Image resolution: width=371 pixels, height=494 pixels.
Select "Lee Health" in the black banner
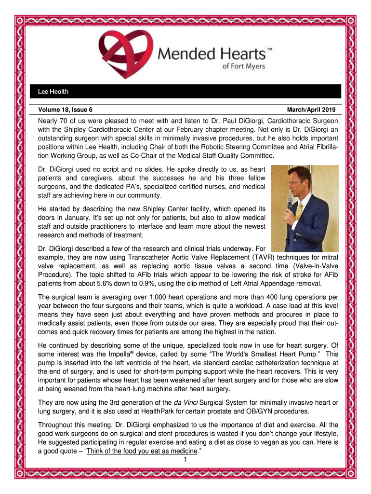(x=53, y=91)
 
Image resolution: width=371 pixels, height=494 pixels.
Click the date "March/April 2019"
(x=312, y=110)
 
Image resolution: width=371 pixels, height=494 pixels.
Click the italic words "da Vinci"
(x=186, y=402)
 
